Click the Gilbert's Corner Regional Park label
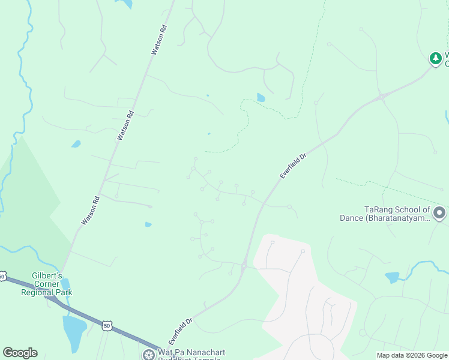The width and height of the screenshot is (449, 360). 47,284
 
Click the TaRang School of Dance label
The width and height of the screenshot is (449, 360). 397,214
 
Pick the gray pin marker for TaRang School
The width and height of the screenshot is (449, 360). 439,213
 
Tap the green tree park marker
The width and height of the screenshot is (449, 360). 435,58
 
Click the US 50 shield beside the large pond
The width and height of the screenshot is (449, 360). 107,326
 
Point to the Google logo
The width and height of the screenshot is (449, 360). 20,353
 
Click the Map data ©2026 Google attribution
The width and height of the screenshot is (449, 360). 412,355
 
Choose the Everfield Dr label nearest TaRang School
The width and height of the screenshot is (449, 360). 293,164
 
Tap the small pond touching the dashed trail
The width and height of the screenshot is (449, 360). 261,97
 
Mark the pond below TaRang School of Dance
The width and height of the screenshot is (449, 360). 392,277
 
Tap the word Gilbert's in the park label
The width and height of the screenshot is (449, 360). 47,276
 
